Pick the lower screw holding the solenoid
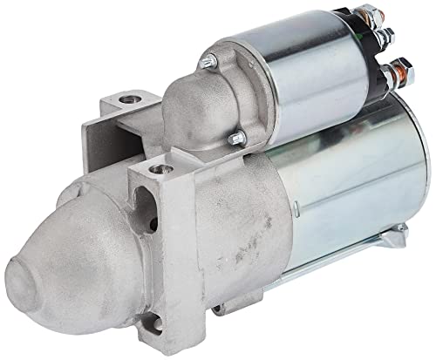click(x=234, y=137)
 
